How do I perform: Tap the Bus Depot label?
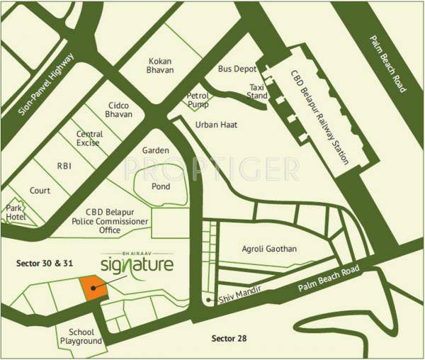(234, 69)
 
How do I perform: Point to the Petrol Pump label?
(198, 100)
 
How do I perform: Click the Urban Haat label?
(216, 125)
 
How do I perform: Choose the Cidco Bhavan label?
(118, 109)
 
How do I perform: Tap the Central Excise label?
(89, 139)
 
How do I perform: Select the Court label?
(40, 191)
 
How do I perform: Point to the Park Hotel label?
(16, 213)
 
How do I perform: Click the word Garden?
(155, 151)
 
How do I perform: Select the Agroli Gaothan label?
(268, 249)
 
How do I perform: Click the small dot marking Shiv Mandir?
(208, 300)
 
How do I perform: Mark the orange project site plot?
(93, 288)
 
